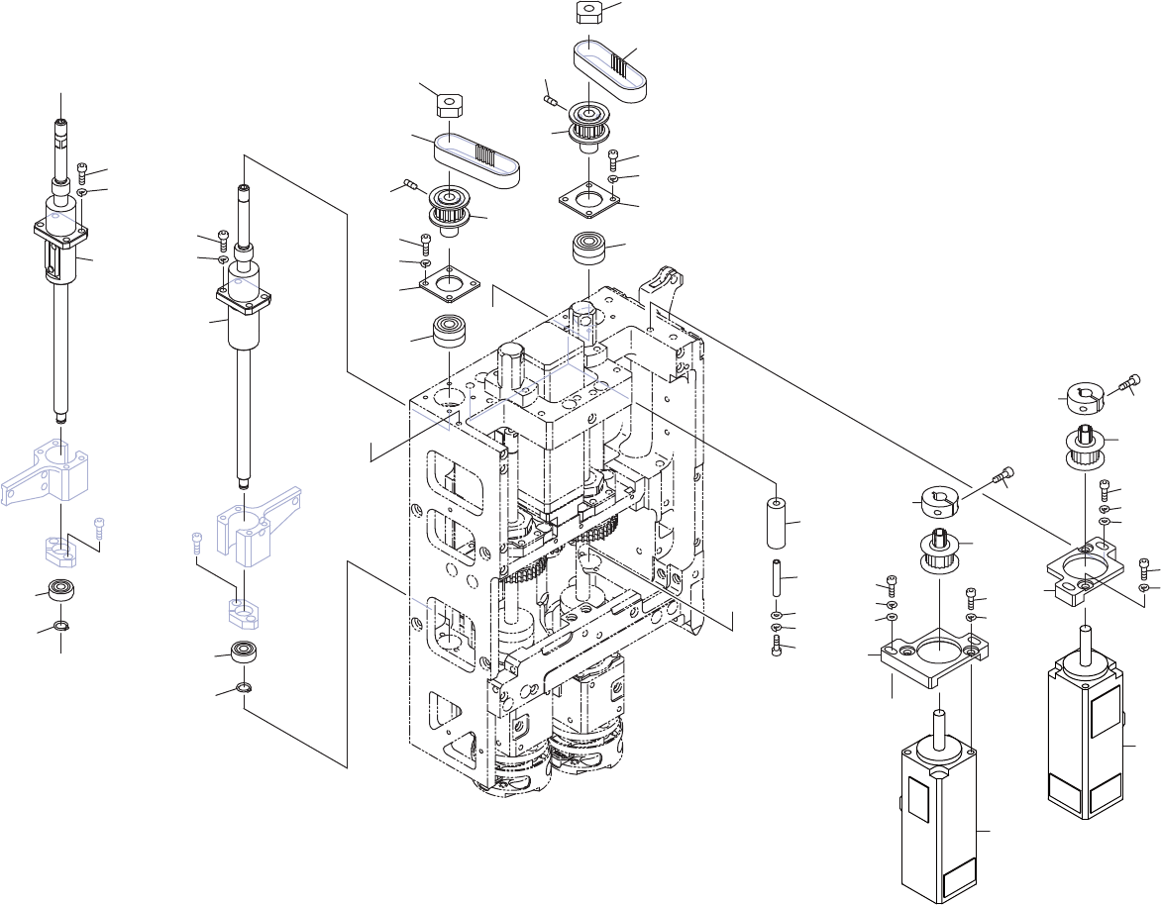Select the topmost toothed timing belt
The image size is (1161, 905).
(x=612, y=68)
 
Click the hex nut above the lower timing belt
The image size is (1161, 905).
(x=451, y=103)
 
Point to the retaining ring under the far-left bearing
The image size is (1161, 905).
(x=60, y=626)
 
